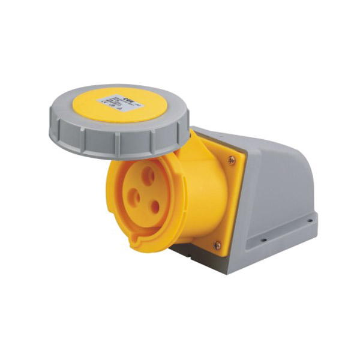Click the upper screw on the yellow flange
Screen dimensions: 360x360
[x=232, y=159]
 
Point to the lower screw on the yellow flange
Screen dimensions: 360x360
[x=217, y=245]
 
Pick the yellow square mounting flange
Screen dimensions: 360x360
[x=231, y=198]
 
